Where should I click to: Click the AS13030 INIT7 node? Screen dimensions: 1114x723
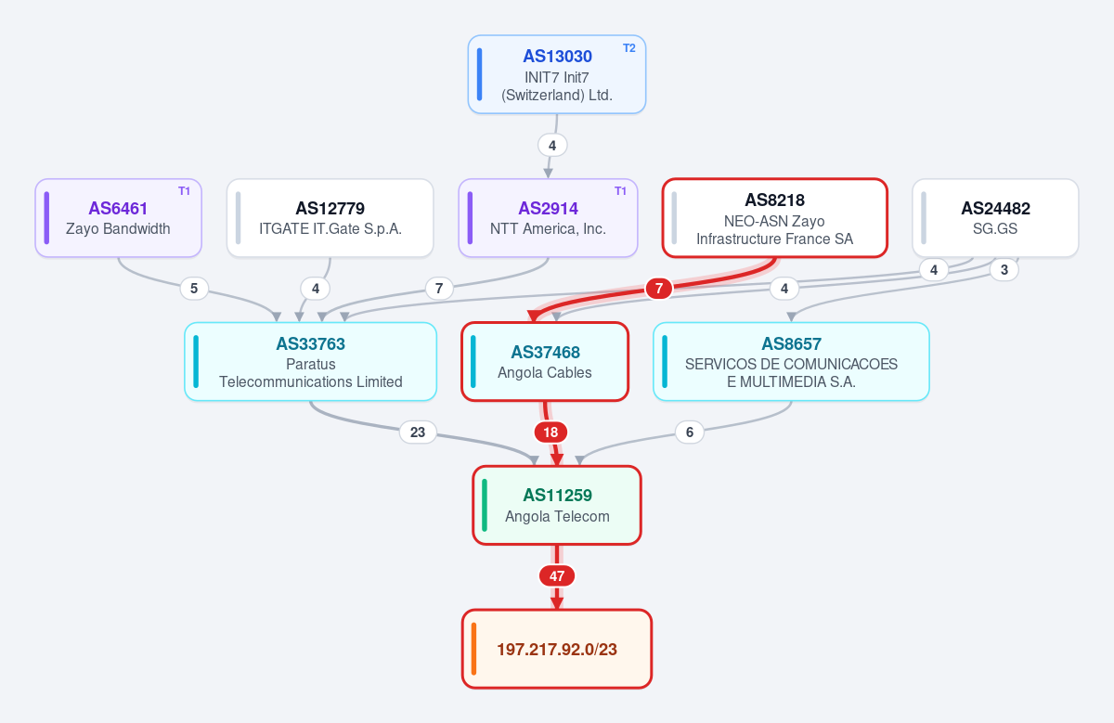[x=556, y=74]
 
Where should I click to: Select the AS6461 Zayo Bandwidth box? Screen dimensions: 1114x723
[x=119, y=218]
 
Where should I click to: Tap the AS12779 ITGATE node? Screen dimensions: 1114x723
[x=330, y=218]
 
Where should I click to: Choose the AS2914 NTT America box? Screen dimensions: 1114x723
[x=548, y=218]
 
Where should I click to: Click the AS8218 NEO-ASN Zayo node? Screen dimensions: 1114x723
[x=775, y=218]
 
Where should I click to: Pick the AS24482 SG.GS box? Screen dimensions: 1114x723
[x=995, y=218]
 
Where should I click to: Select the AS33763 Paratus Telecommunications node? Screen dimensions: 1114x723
[x=311, y=362]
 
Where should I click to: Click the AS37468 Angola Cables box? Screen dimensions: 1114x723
[x=545, y=362]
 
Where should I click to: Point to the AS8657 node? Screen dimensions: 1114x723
[x=791, y=362]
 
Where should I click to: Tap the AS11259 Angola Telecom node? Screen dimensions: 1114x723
[x=557, y=505]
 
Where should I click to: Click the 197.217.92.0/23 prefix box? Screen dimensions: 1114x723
[x=557, y=649]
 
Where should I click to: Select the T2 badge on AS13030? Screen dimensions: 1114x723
[x=629, y=48]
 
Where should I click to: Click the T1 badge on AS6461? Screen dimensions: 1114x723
[x=184, y=191]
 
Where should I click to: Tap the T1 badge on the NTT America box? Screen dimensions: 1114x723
[x=620, y=191]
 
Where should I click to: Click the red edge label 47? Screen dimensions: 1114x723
[x=557, y=576]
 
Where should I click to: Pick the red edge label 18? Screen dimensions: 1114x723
[x=551, y=433]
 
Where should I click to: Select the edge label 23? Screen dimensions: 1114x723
[x=418, y=433]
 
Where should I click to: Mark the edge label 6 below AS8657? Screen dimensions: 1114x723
[x=689, y=433]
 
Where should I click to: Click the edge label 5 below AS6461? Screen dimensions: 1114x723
[x=194, y=289]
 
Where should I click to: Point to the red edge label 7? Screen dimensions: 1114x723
[x=659, y=289]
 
